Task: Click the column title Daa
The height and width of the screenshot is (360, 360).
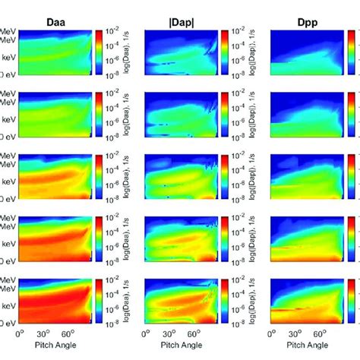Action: (51, 13)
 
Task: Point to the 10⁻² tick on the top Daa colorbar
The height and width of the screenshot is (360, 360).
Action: (112, 33)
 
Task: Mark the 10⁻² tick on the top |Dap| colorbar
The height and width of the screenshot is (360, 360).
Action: (237, 33)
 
